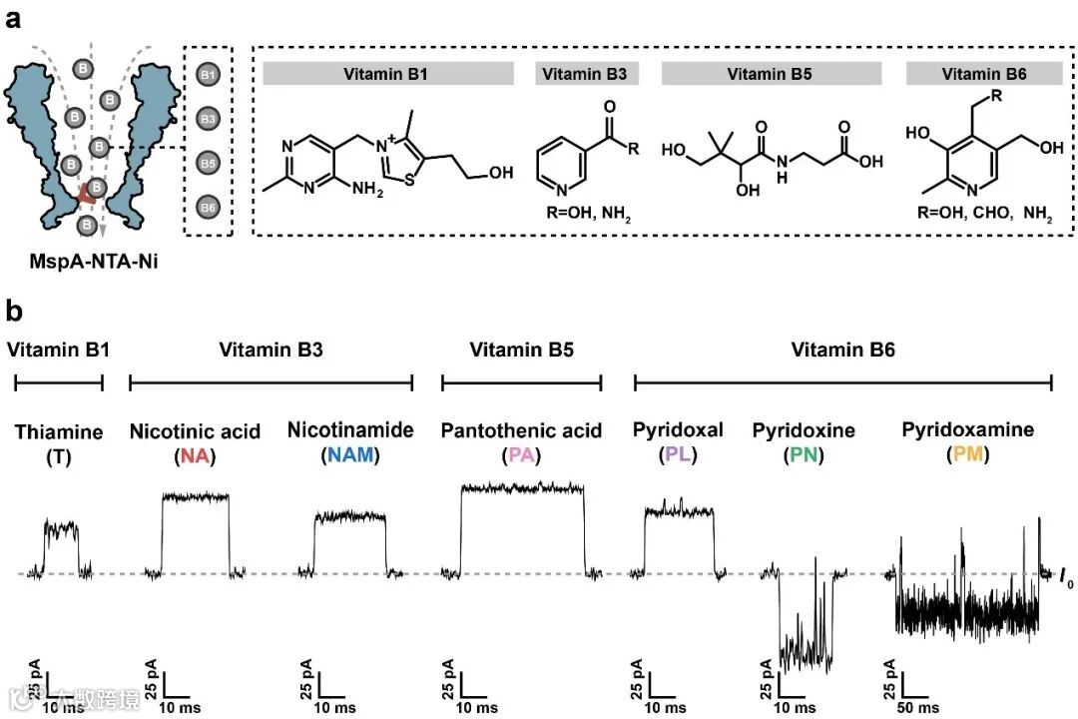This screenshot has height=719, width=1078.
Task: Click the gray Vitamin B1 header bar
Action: (387, 73)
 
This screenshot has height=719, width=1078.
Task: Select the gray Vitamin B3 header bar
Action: (587, 73)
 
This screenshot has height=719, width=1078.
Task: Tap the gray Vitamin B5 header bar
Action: (772, 73)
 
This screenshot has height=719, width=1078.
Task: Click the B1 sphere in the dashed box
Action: (208, 75)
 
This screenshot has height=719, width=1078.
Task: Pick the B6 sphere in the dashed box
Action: (208, 205)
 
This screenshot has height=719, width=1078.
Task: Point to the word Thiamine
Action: (59, 431)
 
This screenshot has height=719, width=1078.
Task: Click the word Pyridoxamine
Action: (967, 430)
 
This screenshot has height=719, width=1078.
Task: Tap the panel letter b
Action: (15, 311)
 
